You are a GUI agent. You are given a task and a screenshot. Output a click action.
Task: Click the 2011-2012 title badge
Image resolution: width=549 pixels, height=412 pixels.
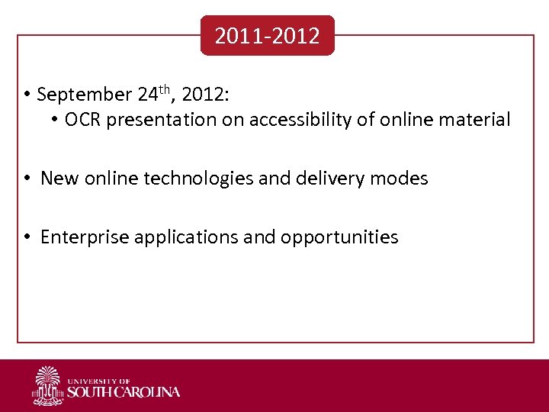pyautogui.click(x=267, y=36)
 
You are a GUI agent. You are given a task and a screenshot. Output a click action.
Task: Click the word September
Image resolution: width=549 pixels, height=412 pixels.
pyautogui.click(x=84, y=95)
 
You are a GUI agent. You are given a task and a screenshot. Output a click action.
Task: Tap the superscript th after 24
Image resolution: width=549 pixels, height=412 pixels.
pyautogui.click(x=166, y=90)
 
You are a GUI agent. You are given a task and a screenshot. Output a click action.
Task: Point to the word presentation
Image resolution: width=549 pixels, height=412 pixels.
pyautogui.click(x=159, y=121)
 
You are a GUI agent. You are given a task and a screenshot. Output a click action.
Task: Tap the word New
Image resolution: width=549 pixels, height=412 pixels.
pyautogui.click(x=57, y=179)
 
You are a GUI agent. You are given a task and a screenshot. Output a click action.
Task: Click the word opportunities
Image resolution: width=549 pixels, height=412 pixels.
pyautogui.click(x=339, y=238)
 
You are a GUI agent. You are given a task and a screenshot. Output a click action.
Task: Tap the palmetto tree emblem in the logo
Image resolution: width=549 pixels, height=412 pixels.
pyautogui.click(x=47, y=385)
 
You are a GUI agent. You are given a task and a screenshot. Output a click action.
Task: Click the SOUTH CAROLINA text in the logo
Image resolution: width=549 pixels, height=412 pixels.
pyautogui.click(x=124, y=392)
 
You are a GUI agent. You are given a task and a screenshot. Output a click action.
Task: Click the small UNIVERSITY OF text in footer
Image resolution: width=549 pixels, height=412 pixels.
pyautogui.click(x=98, y=380)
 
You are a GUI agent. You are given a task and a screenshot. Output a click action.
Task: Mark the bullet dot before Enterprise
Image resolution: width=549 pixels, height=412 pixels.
pyautogui.click(x=25, y=237)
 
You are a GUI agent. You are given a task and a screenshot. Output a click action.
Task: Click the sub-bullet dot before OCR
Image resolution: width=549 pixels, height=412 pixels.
pyautogui.click(x=56, y=120)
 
